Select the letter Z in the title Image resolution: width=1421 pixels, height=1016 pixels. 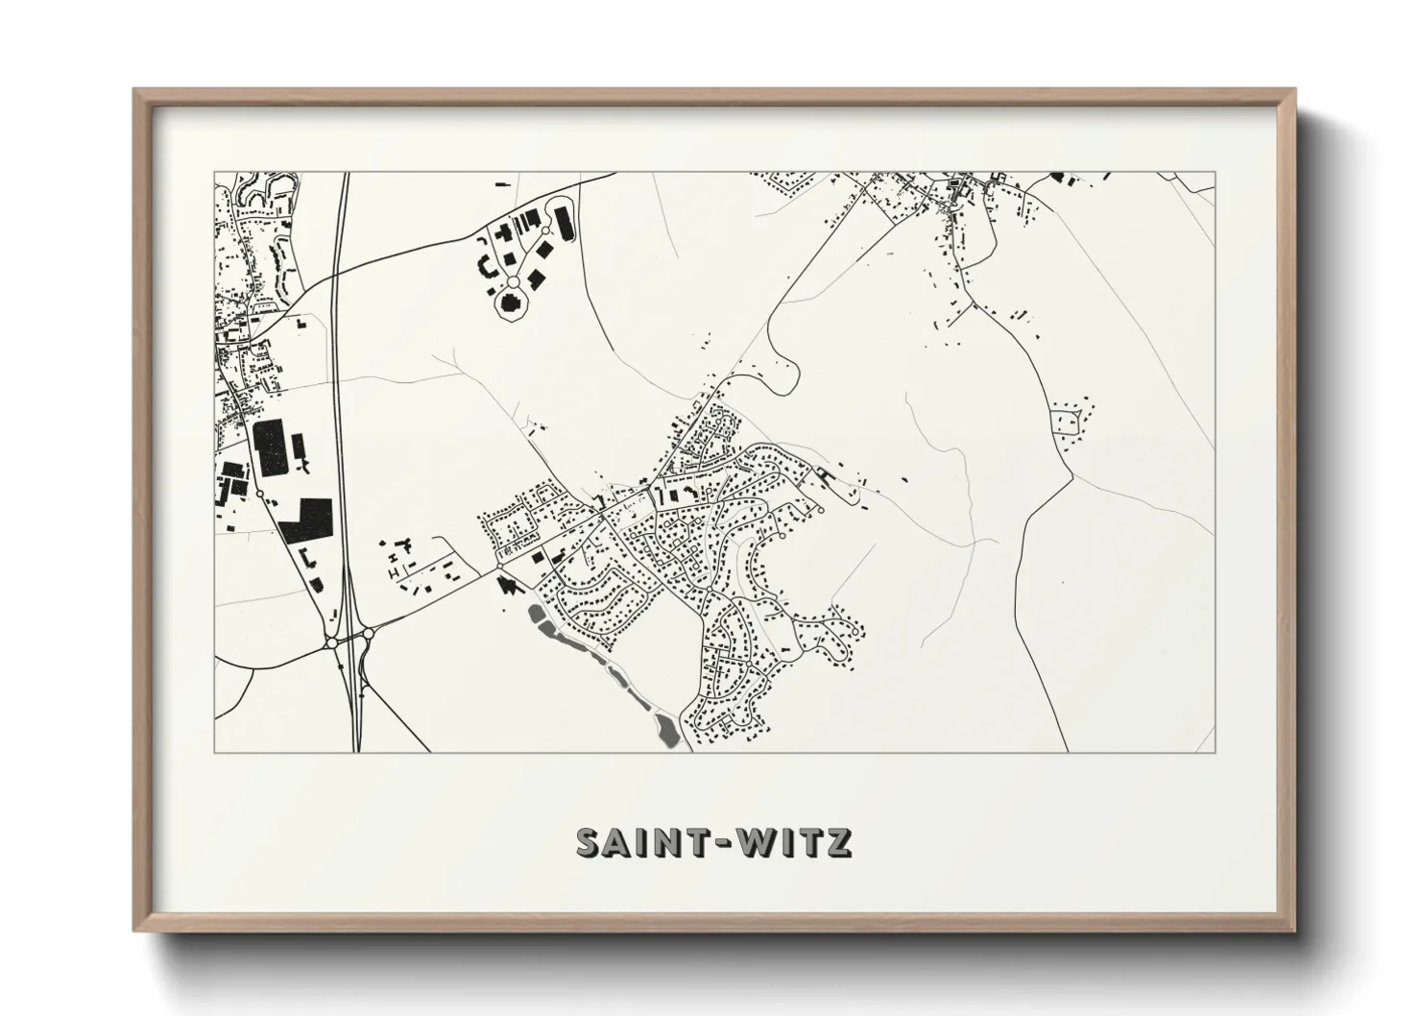839,842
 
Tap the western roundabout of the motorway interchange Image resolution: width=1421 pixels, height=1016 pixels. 331,642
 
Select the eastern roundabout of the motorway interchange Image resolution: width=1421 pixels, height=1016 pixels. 368,634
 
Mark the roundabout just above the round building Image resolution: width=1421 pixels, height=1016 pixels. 513,282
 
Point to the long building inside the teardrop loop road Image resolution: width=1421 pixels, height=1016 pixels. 563,225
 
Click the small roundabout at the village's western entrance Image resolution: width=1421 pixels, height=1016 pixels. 497,569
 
